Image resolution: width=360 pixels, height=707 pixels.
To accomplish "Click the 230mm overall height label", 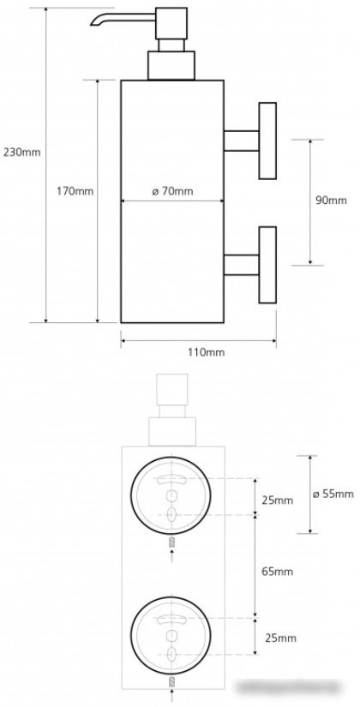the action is (21, 152).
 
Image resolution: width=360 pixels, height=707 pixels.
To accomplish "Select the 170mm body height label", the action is (75, 191).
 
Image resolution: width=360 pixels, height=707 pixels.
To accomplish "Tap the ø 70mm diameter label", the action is (172, 191).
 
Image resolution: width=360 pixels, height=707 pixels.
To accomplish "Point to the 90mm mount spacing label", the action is (331, 201).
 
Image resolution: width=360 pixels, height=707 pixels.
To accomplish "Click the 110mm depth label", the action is (207, 352).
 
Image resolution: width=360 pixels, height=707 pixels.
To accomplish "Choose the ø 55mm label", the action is (333, 494).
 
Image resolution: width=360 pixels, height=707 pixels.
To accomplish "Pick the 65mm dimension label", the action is (278, 572).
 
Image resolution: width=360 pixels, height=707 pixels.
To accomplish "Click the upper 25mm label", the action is (278, 500).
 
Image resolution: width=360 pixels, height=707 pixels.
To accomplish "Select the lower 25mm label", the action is (280, 638).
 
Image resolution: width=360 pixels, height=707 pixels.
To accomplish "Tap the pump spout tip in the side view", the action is (93, 23).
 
